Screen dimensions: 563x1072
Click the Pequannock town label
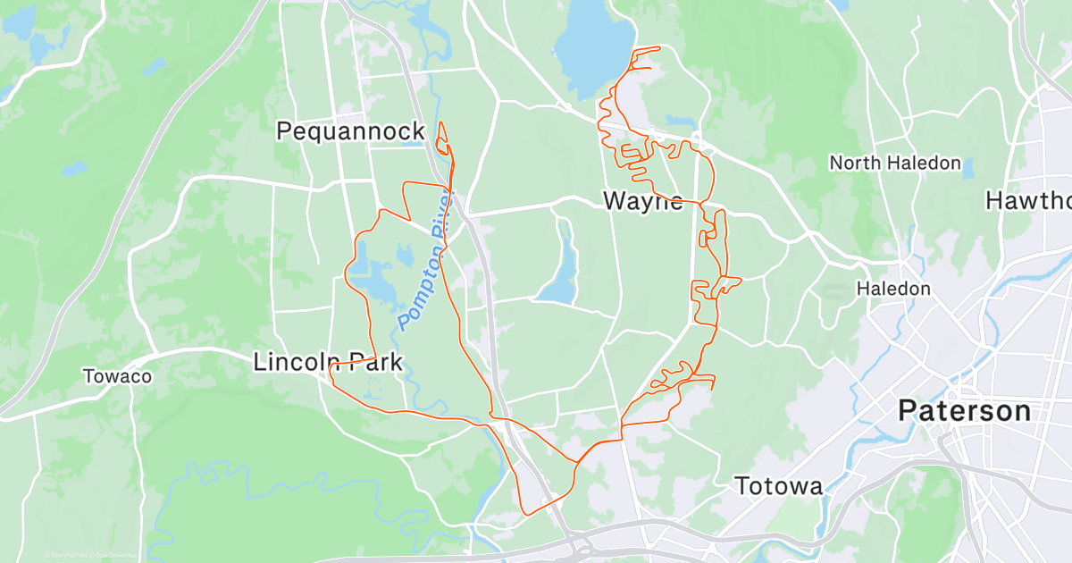click(350, 131)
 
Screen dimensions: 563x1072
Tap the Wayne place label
click(643, 200)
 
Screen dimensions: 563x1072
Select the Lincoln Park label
click(328, 362)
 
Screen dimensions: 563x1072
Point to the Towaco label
click(118, 376)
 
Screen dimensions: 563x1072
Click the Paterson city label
click(964, 411)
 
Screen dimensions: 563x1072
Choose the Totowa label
click(778, 486)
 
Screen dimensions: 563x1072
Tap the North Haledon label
click(895, 163)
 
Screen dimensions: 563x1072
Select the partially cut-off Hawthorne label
click(1028, 200)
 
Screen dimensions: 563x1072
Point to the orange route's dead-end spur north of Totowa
click(712, 387)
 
